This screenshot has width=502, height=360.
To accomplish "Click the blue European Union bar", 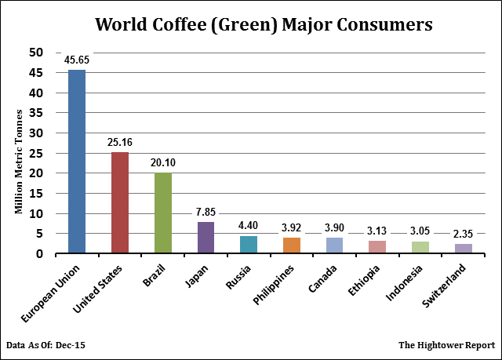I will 77,162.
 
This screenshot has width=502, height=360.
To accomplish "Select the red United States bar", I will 119,203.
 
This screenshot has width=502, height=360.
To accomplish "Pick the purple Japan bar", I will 206,238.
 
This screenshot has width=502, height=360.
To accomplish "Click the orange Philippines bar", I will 291,245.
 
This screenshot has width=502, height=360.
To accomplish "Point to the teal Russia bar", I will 248,245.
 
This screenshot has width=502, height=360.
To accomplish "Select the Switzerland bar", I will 463,249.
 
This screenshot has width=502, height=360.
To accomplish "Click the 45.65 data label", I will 77,60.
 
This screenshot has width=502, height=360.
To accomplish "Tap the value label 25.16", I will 119,142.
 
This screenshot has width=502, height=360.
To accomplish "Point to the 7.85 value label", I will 206,212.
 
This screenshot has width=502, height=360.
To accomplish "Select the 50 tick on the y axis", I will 36,53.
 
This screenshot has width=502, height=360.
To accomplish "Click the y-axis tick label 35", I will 36,113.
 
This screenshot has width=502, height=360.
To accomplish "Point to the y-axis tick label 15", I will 36,194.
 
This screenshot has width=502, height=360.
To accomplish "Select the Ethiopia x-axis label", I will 365,284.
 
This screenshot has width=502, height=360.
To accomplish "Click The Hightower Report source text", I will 446,345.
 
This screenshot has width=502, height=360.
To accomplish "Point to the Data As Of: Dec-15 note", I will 49,345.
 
